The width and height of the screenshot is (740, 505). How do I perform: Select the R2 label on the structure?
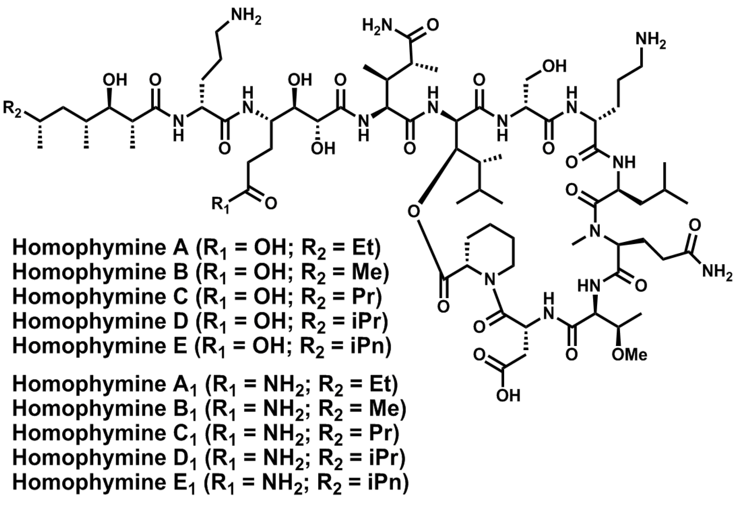click(x=12, y=109)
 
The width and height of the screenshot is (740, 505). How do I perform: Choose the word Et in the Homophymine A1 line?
click(x=383, y=385)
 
